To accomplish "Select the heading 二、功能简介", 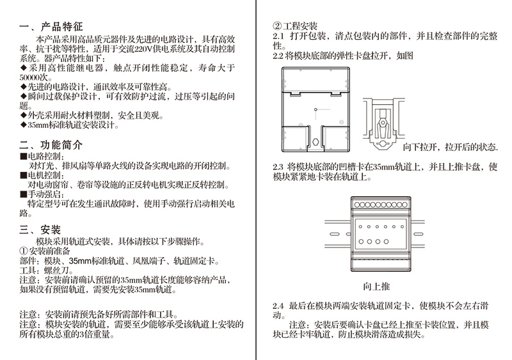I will point(52,145).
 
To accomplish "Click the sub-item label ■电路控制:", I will point(44,156).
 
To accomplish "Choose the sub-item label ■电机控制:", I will point(44,175).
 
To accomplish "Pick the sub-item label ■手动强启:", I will point(44,194).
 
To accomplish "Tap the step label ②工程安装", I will point(295,26).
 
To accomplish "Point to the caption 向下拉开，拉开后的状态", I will point(450,147).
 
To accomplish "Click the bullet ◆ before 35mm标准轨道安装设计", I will point(24,125).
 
